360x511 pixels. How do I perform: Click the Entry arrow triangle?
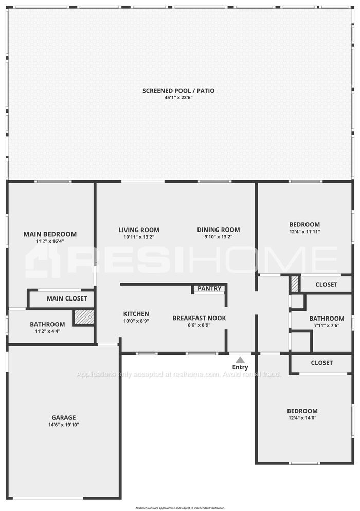(240, 360)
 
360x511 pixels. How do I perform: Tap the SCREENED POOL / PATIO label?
(178, 91)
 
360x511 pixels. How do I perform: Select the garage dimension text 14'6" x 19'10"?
(64, 425)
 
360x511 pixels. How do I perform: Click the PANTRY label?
(209, 288)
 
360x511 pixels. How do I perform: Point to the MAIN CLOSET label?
(67, 298)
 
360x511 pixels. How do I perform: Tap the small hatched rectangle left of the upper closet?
(295, 284)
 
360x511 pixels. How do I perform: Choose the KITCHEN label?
(136, 314)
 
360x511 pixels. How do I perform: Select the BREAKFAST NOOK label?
(199, 318)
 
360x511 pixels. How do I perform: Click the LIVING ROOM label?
(139, 230)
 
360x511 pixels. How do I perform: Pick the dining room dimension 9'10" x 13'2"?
(218, 237)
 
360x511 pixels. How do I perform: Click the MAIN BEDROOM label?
(50, 234)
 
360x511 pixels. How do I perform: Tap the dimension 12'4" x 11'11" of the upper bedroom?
(304, 232)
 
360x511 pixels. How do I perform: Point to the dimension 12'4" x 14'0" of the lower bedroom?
(302, 418)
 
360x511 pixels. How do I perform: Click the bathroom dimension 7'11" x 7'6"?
(327, 325)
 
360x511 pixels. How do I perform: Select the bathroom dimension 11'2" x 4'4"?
(47, 331)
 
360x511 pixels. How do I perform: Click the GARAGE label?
(64, 417)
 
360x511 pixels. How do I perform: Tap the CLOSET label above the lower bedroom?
(322, 363)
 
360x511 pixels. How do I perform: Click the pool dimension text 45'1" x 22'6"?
(178, 97)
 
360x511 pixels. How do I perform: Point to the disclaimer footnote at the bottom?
(180, 508)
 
